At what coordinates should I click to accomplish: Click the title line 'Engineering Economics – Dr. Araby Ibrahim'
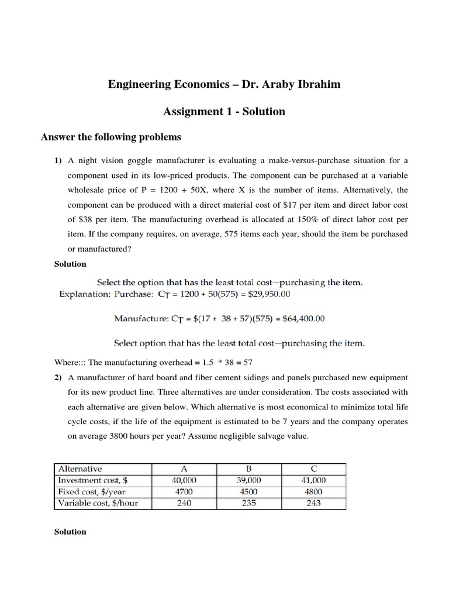pyautogui.click(x=224, y=85)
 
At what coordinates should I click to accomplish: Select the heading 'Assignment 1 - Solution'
pyautogui.click(x=224, y=111)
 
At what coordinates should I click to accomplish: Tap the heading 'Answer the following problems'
pyautogui.click(x=110, y=137)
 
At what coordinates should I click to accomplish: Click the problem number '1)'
pyautogui.click(x=58, y=161)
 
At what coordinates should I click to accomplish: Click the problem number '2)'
pyautogui.click(x=58, y=377)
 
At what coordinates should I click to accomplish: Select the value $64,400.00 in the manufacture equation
pyautogui.click(x=297, y=319)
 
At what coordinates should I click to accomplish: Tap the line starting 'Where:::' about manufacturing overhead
pyautogui.click(x=154, y=362)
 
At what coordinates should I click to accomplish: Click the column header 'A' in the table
pyautogui.click(x=184, y=469)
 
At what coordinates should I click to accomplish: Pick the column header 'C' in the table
pyautogui.click(x=313, y=469)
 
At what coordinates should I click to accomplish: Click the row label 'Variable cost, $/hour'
pyautogui.click(x=98, y=503)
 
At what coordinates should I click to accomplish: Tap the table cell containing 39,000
pyautogui.click(x=248, y=480)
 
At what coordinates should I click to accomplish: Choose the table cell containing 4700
pyautogui.click(x=184, y=491)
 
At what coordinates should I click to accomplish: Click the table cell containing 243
pyautogui.click(x=313, y=503)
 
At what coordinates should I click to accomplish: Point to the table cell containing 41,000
pyautogui.click(x=313, y=480)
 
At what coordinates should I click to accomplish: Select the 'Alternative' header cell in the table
pyautogui.click(x=80, y=469)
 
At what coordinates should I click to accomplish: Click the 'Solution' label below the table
pyautogui.click(x=70, y=532)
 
